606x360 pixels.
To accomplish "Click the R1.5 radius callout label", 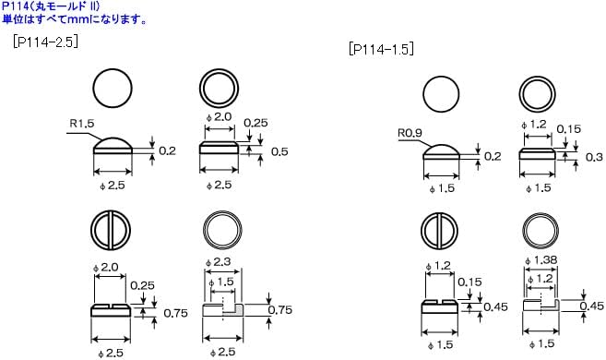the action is pos(82,124).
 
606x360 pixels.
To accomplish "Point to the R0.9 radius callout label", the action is pos(410,133).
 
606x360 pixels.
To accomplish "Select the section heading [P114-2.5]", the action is pos(45,42).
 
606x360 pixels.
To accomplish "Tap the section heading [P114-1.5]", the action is pos(381,49).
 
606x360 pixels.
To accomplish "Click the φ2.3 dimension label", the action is pos(219,262).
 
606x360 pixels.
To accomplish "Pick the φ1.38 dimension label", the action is pos(541,260).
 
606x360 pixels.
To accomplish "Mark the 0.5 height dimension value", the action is pos(279,151).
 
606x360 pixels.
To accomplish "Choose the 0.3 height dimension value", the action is pos(594,157).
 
